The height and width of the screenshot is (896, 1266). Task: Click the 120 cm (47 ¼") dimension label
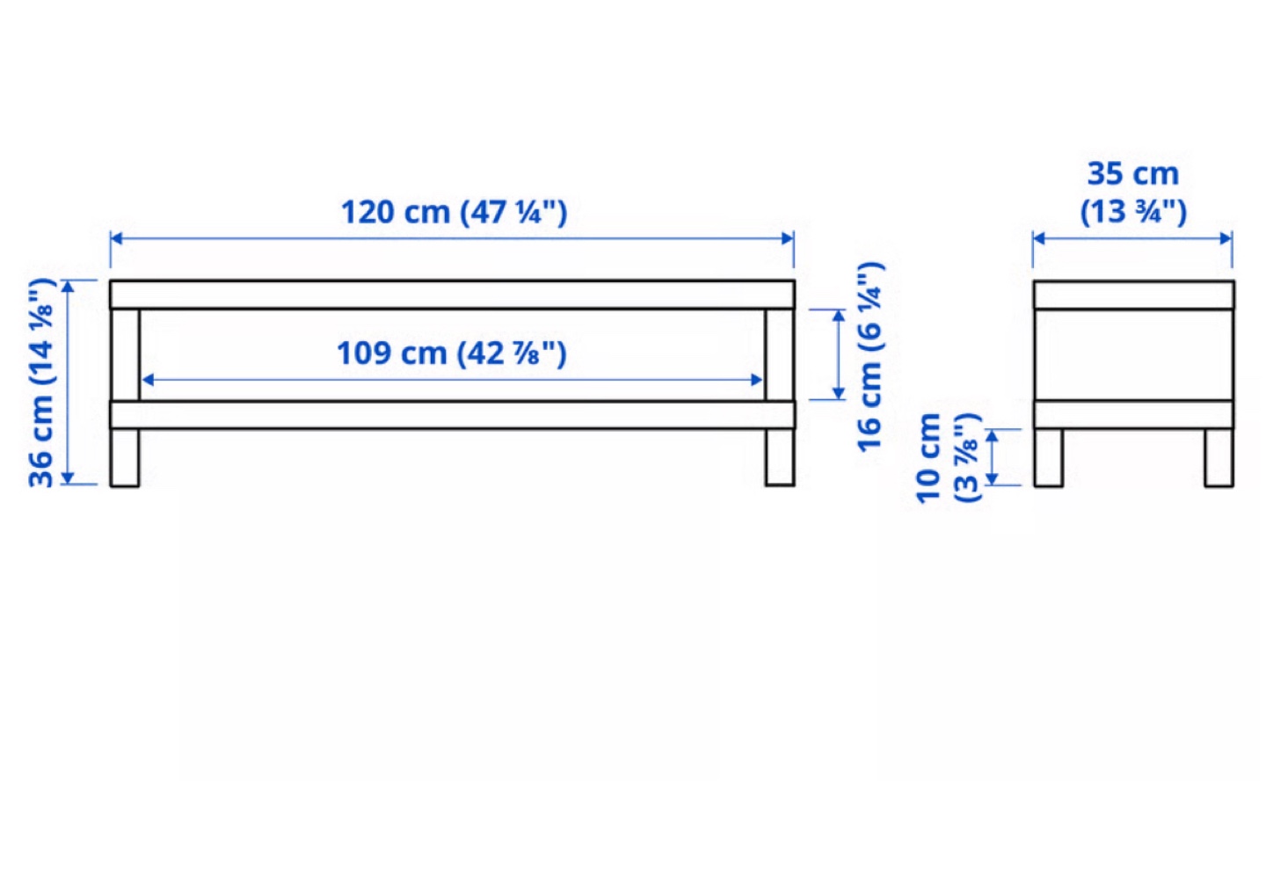click(454, 213)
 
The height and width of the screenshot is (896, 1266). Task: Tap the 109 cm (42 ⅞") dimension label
click(452, 353)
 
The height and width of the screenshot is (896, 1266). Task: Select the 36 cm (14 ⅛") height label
click(41, 382)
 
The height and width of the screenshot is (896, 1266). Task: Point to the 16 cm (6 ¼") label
click(869, 356)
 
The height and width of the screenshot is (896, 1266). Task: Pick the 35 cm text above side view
click(1132, 173)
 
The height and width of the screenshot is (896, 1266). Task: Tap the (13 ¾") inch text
click(1133, 213)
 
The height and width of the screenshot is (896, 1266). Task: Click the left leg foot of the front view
click(125, 457)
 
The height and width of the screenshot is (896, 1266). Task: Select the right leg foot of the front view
click(780, 457)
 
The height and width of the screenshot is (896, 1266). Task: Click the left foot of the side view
click(1048, 457)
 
